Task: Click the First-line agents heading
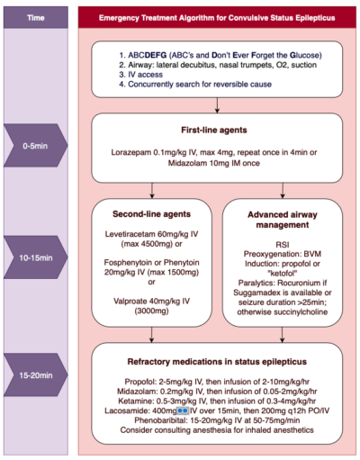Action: pos(216,129)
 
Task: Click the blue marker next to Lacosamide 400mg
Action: pos(181,410)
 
